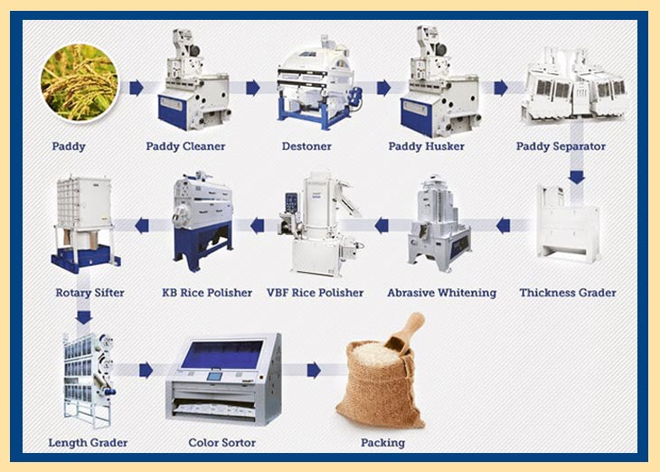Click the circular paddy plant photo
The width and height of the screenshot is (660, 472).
(80, 82)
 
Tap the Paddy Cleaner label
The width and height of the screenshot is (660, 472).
(185, 146)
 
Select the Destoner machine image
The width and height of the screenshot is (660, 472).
(319, 82)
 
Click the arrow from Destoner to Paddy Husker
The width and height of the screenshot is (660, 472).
(383, 88)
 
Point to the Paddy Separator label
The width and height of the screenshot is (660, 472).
(561, 146)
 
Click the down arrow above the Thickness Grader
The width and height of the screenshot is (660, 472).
(577, 177)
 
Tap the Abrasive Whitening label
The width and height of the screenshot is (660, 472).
(441, 293)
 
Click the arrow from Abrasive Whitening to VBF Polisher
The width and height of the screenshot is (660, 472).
(382, 226)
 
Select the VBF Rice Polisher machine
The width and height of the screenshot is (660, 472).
(321, 222)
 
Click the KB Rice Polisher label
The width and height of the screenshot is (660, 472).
(207, 293)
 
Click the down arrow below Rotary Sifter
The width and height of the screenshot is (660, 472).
(84, 317)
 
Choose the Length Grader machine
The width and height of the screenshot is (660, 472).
(89, 380)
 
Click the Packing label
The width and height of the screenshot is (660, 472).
(383, 443)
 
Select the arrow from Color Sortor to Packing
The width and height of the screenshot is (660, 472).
(314, 370)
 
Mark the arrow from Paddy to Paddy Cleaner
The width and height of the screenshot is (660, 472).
(137, 88)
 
